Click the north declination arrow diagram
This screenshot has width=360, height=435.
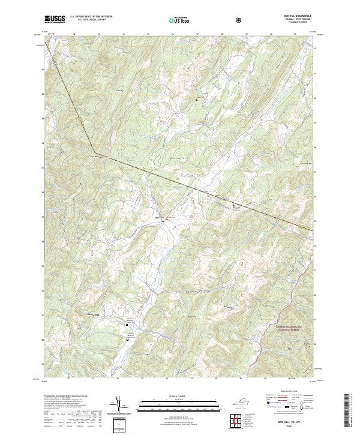tap(118, 406)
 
